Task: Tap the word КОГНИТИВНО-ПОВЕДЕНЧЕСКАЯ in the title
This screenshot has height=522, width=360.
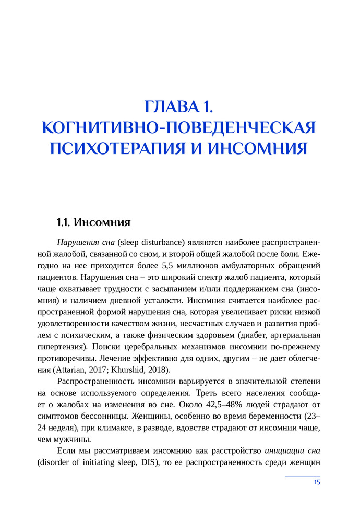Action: tap(179, 127)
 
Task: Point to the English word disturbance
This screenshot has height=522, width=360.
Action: tap(164, 243)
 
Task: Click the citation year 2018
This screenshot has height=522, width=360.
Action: tap(156, 369)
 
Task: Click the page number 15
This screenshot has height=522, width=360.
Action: tap(317, 482)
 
